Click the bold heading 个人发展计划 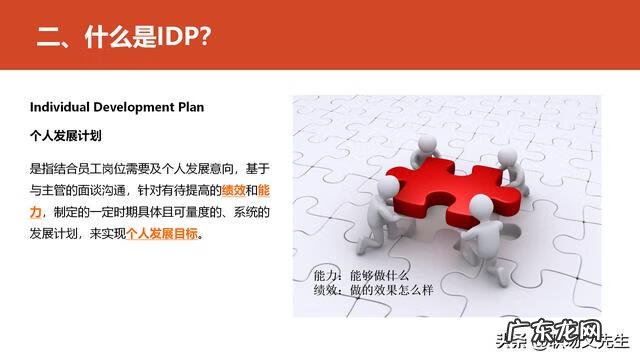[x=65, y=134]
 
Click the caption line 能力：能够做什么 [x=361, y=274]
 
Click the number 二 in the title [x=47, y=37]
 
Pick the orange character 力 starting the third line [x=36, y=213]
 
